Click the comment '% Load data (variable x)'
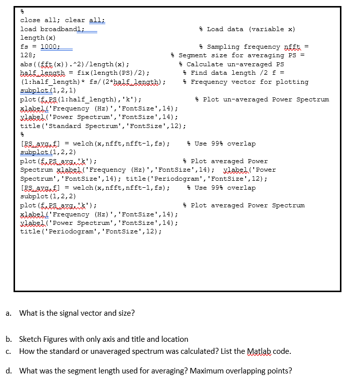click(247, 29)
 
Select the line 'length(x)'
click(38, 38)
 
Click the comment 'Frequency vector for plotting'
click(246, 82)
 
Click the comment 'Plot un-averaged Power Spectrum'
click(262, 99)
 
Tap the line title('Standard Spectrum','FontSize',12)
click(103, 126)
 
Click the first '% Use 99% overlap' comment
click(221, 144)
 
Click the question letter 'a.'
click(9, 313)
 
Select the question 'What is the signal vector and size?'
click(77, 313)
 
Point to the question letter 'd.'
click(9, 371)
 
